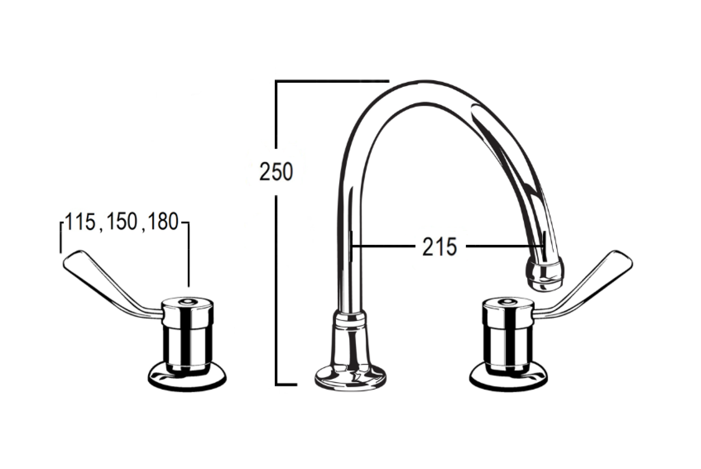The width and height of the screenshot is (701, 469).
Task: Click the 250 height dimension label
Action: pos(276,171)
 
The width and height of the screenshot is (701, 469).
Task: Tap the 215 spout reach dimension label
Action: pos(439,247)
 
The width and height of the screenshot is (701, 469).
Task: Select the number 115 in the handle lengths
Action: pos(80,222)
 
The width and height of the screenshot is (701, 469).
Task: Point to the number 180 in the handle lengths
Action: pos(162,222)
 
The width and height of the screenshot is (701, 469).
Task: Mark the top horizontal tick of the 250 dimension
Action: pos(332,81)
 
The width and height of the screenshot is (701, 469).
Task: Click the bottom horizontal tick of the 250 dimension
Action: pos(286,384)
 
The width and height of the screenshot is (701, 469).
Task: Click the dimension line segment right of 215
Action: pos(505,246)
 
